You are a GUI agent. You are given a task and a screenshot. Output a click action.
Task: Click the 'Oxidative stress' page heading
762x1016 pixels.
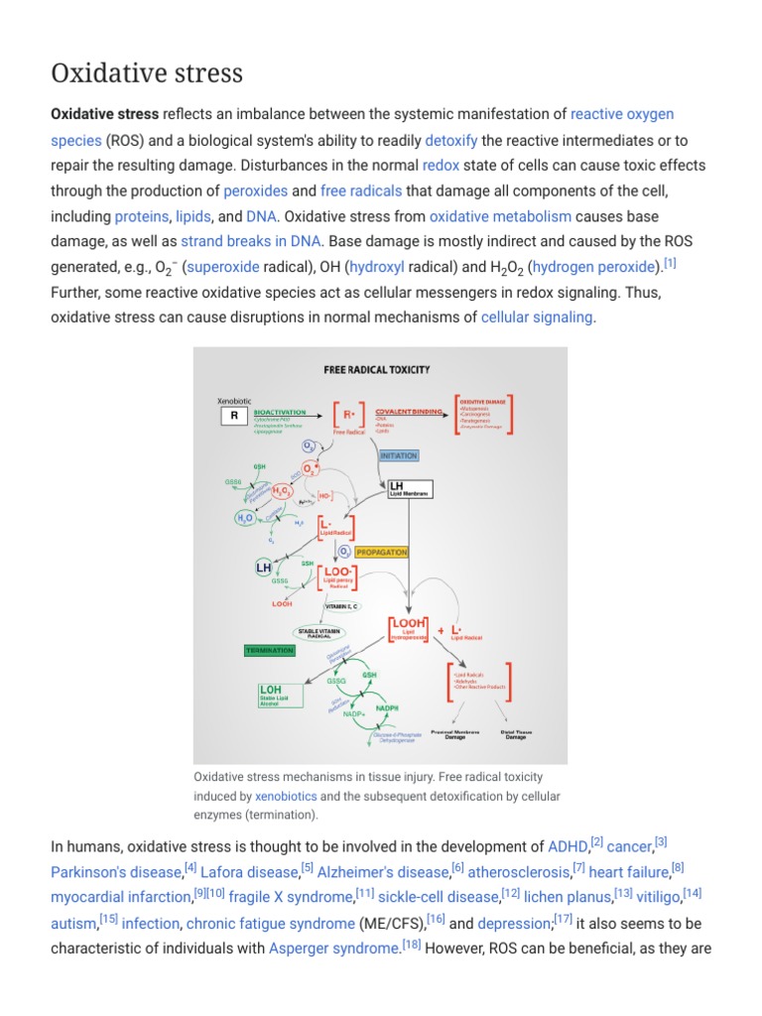[x=147, y=73]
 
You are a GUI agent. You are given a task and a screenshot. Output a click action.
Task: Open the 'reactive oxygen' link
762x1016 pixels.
[x=622, y=114]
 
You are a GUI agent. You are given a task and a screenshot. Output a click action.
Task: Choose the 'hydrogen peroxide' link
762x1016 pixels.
[x=596, y=267]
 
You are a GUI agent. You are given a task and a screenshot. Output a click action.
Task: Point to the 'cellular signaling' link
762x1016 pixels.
[x=537, y=317]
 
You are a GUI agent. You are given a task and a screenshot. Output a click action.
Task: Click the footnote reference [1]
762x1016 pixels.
[x=670, y=263]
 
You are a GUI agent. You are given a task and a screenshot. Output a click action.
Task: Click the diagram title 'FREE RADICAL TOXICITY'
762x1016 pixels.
[x=377, y=370]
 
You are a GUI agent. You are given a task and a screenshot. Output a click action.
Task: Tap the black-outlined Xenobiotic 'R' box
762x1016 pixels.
[x=234, y=417]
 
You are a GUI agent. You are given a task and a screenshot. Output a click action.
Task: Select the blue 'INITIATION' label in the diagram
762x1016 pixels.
[x=399, y=456]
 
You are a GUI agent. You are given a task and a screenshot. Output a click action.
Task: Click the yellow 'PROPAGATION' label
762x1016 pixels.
[x=381, y=553]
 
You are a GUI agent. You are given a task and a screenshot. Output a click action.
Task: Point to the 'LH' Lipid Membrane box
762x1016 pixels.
[x=408, y=488]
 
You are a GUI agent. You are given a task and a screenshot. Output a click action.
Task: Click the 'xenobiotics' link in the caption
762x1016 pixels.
[x=286, y=797]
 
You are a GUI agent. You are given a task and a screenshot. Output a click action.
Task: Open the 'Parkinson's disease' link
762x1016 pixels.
[x=116, y=872]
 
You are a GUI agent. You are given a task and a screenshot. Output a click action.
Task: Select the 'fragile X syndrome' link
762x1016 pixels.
[x=291, y=898]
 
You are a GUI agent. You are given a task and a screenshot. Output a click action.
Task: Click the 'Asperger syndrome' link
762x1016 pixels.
[x=331, y=949]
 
